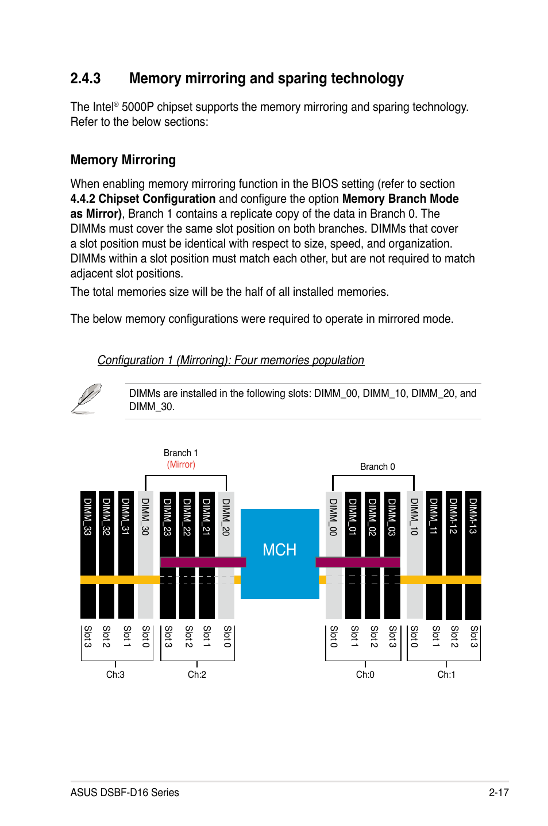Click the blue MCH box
280,553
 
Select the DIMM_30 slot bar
146,554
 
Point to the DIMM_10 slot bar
414,554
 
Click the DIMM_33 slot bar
88,554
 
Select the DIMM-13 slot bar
473,554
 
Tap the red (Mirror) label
181,465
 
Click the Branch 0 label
377,467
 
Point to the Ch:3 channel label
115,674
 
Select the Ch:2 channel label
197,674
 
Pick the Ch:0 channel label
365,674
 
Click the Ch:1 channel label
446,674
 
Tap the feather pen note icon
87,398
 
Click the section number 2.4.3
86,79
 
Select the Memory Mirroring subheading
123,160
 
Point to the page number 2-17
499,793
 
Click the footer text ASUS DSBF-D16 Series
125,793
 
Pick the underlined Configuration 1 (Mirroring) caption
230,360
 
